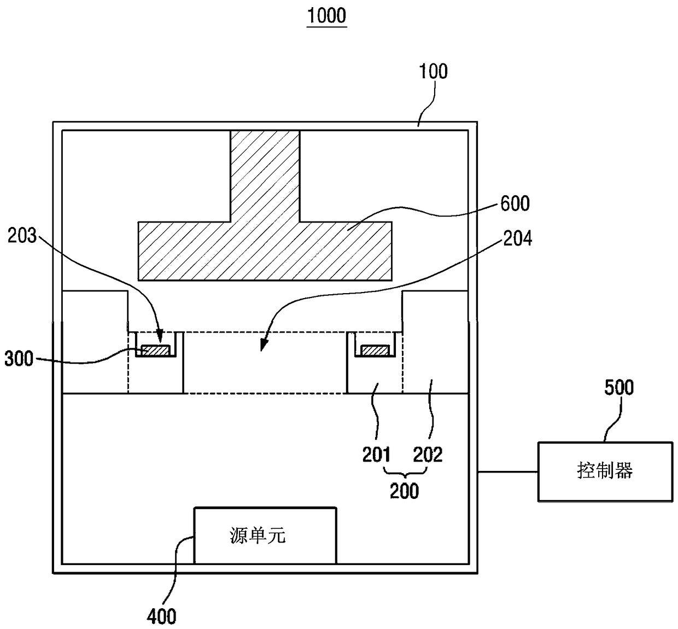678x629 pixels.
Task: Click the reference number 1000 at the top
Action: click(327, 16)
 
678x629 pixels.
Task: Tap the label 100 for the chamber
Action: click(433, 71)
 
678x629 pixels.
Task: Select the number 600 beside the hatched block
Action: click(515, 203)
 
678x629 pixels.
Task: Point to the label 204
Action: click(518, 238)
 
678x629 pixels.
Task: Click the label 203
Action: click(22, 236)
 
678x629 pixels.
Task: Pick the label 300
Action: click(19, 359)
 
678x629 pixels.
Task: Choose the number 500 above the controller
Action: click(619, 387)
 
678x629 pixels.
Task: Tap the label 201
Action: click(376, 455)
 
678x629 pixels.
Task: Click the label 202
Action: click(428, 455)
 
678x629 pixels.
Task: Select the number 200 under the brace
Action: click(404, 491)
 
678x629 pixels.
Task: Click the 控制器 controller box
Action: click(605, 472)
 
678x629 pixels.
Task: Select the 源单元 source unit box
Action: click(265, 535)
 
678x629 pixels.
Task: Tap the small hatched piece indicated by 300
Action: click(156, 350)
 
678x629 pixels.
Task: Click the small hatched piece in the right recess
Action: click(375, 350)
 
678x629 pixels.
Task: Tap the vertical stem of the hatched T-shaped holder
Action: click(265, 176)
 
